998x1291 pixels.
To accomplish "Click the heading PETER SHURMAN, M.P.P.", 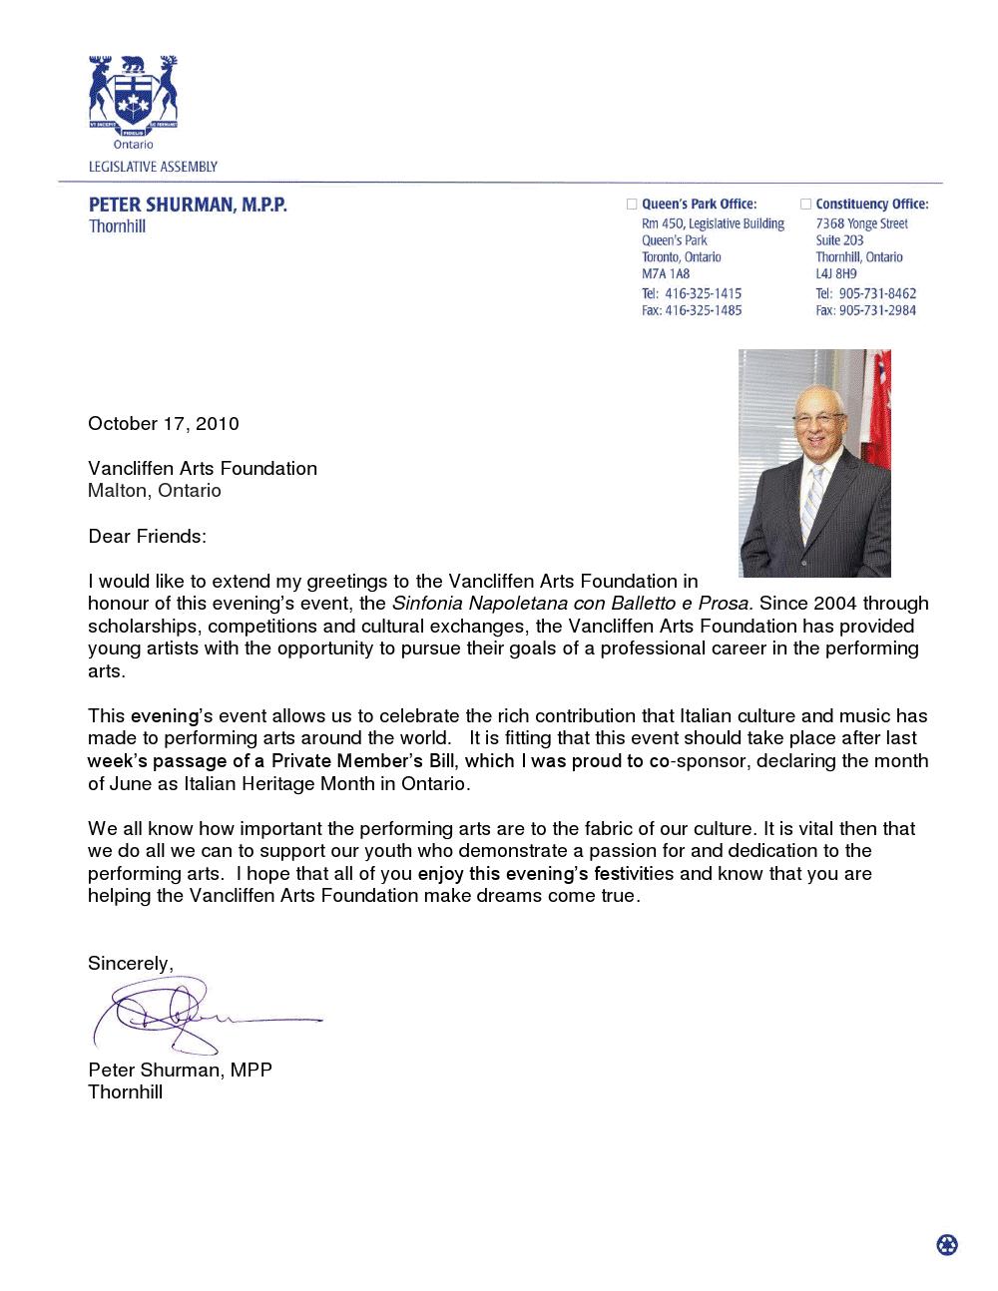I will pyautogui.click(x=188, y=206).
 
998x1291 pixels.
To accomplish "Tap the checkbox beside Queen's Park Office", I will pyautogui.click(x=631, y=205).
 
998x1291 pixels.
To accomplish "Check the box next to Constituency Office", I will pyautogui.click(x=806, y=205).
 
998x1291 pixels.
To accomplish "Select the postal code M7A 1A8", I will pyautogui.click(x=666, y=274).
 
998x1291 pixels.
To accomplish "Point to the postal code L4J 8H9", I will pyautogui.click(x=836, y=274).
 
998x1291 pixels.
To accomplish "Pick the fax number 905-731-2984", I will pyautogui.click(x=877, y=310).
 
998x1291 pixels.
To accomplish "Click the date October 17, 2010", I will pyautogui.click(x=164, y=423).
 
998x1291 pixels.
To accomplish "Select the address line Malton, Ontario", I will pyautogui.click(x=155, y=491).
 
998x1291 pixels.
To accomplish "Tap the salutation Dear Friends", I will pyautogui.click(x=147, y=537).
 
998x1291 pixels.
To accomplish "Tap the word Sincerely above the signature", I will pyautogui.click(x=130, y=964).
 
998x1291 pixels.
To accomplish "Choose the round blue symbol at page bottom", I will pyautogui.click(x=947, y=1244).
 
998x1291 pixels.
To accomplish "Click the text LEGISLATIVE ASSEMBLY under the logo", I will pyautogui.click(x=153, y=167).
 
